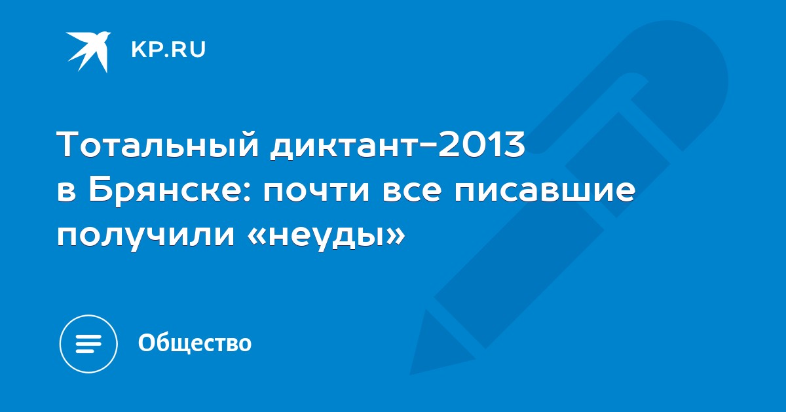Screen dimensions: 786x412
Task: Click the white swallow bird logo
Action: (89, 52)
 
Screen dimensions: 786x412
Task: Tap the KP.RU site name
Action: (168, 50)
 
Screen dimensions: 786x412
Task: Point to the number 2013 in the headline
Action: (482, 143)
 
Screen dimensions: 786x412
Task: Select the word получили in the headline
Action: (146, 236)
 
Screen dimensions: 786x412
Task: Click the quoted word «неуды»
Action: (326, 236)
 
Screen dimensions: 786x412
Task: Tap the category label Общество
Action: (195, 343)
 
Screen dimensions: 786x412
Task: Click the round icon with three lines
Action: (88, 344)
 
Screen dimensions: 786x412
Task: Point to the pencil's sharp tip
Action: (411, 373)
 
